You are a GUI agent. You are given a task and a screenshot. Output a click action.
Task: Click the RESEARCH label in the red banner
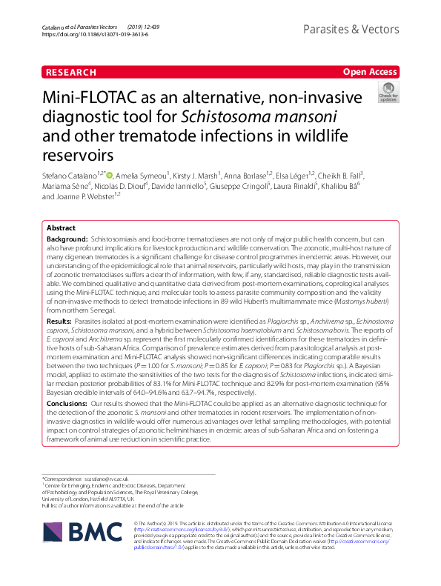point(71,72)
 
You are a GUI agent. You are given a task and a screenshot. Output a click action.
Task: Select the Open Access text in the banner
point(369,72)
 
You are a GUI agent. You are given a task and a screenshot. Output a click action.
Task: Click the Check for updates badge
point(388,93)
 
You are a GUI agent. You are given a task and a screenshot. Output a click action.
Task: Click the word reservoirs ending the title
point(77,154)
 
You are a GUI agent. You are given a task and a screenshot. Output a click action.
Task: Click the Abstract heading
point(62,228)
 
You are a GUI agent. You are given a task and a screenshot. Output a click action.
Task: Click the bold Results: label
point(61,344)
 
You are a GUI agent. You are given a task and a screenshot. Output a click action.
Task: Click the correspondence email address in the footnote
point(102,478)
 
